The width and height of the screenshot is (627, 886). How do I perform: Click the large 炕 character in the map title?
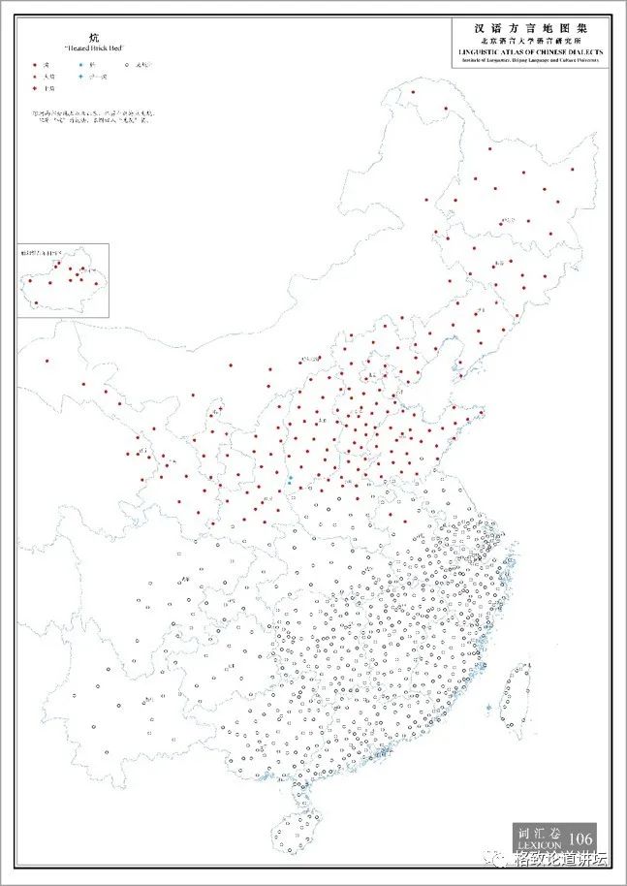(x=94, y=37)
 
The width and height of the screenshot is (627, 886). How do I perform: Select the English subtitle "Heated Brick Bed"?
(x=93, y=47)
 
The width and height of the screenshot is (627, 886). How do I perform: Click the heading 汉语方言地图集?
(x=527, y=30)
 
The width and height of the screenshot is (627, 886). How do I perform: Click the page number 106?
(x=580, y=839)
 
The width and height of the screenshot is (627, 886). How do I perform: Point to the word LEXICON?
(x=539, y=845)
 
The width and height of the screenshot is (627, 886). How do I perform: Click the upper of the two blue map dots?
(x=290, y=478)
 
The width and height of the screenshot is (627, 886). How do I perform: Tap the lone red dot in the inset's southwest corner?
(x=36, y=302)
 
